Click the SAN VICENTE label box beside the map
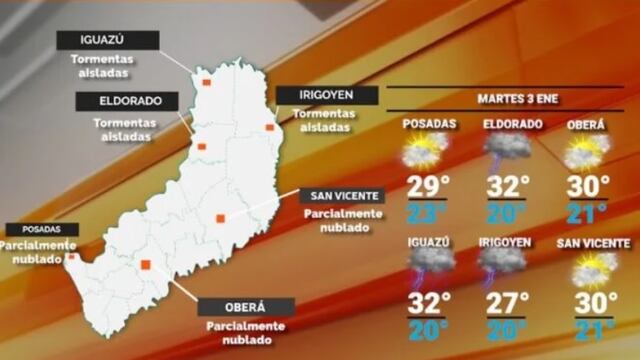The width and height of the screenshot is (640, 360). click(342, 196)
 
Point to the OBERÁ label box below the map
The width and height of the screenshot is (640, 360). click(246, 307)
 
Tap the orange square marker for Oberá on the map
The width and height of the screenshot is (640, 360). click(145, 265)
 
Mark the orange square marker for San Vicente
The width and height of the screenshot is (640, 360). click(220, 218)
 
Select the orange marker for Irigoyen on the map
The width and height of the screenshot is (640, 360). click(269, 127)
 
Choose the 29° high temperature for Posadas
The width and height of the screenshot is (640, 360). click(428, 187)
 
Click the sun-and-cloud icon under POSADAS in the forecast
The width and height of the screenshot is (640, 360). click(426, 152)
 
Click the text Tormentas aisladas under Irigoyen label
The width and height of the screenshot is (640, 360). click(324, 121)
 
